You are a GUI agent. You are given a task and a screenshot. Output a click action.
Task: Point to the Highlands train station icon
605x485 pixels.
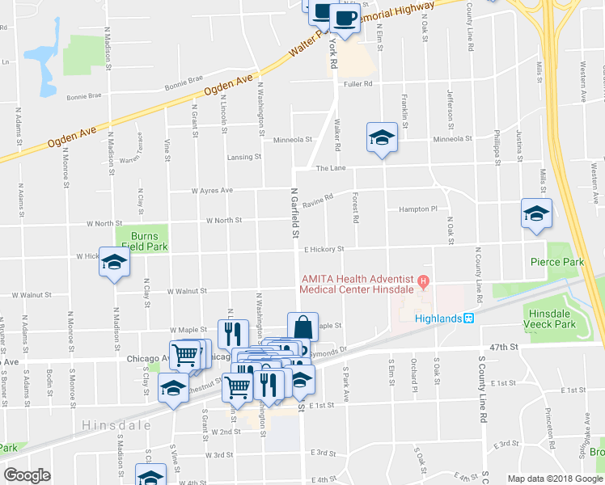(467, 318)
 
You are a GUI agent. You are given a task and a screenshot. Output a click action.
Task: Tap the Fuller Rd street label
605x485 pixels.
(357, 83)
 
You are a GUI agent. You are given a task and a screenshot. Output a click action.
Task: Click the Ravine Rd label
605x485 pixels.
(318, 198)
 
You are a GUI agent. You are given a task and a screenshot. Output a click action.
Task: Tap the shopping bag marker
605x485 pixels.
(302, 328)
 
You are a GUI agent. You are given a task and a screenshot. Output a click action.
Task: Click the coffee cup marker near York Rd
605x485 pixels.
(345, 18)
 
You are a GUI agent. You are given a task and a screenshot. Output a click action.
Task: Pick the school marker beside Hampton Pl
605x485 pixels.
(536, 214)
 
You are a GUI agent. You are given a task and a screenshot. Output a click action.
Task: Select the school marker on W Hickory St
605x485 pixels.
(114, 263)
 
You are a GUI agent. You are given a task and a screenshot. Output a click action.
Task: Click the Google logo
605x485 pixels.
(27, 475)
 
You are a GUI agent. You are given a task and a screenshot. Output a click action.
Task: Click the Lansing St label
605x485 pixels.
(245, 157)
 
